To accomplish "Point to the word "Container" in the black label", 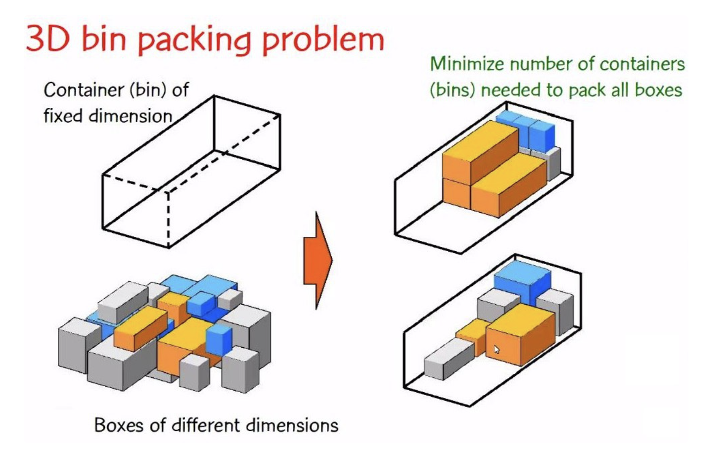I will coord(84,90).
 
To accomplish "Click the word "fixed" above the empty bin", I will coord(63,116).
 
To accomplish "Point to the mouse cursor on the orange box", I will coord(497,349).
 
